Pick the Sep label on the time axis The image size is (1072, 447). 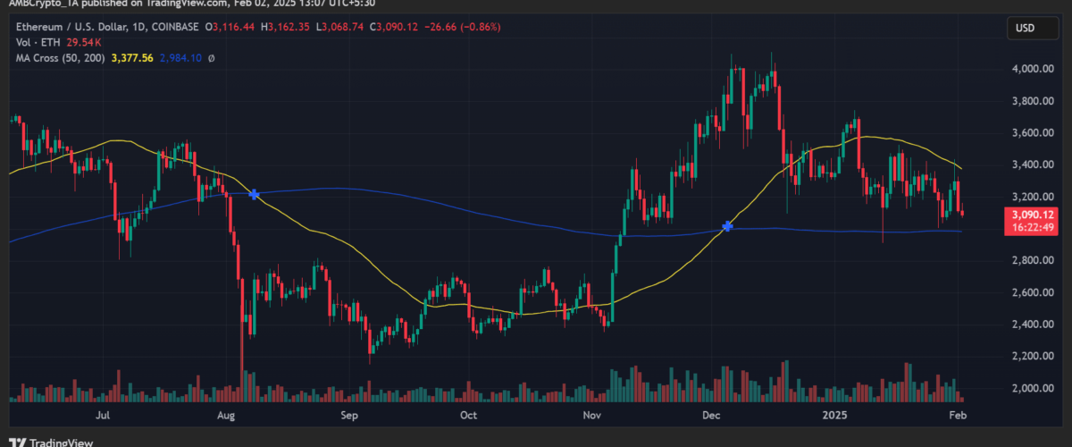pos(348,416)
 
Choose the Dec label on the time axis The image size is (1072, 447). pos(712,416)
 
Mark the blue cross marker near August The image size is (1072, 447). pos(255,194)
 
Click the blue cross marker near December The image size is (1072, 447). pos(728,227)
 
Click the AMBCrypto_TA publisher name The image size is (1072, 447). pos(39,4)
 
